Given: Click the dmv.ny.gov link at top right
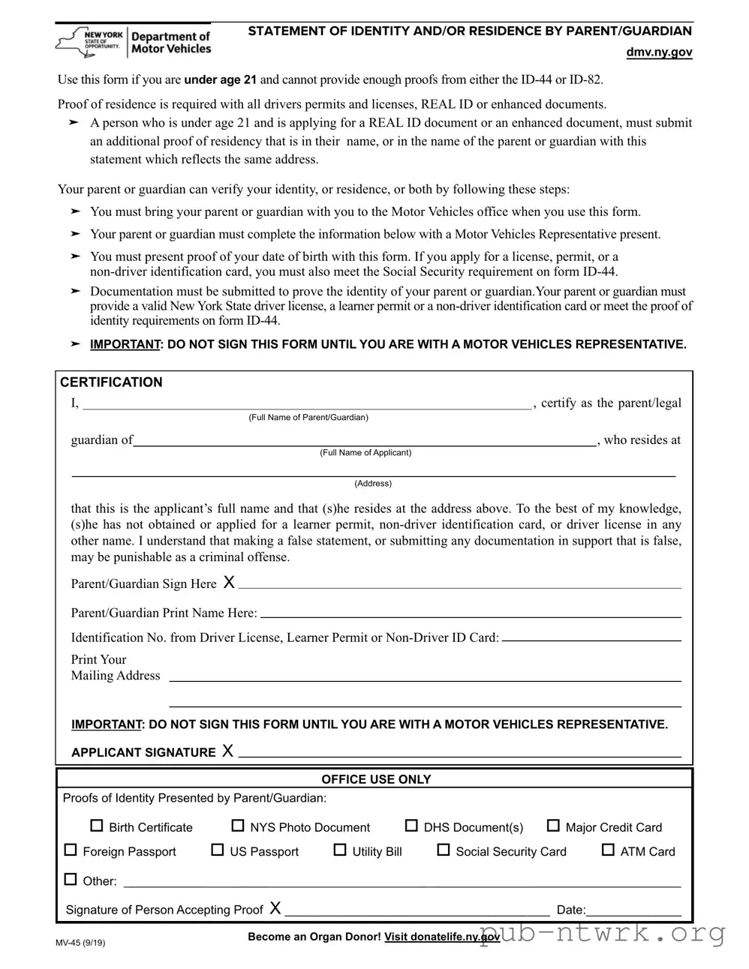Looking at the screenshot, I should point(659,52).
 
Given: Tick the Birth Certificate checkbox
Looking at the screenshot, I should point(96,826).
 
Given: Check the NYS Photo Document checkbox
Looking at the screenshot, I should point(237,826).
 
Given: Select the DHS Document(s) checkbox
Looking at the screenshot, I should point(411,826).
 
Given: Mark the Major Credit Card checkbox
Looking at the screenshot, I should point(553,826).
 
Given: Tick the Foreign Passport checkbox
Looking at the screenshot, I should point(71,850).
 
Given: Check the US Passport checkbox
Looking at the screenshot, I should point(218,850).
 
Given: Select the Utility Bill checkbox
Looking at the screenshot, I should point(340,850).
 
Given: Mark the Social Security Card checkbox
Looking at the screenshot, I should point(444,850).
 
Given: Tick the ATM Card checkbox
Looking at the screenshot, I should point(608,850).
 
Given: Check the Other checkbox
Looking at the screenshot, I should point(71,879).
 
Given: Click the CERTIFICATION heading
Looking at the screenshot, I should point(111,382).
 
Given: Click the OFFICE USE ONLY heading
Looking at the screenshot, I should point(376,779).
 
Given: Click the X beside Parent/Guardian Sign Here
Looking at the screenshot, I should point(230,583).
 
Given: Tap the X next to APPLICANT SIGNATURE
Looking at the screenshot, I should point(228,751).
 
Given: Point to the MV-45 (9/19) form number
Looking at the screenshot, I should point(80,943).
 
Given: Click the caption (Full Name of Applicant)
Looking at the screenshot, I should point(365,452).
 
